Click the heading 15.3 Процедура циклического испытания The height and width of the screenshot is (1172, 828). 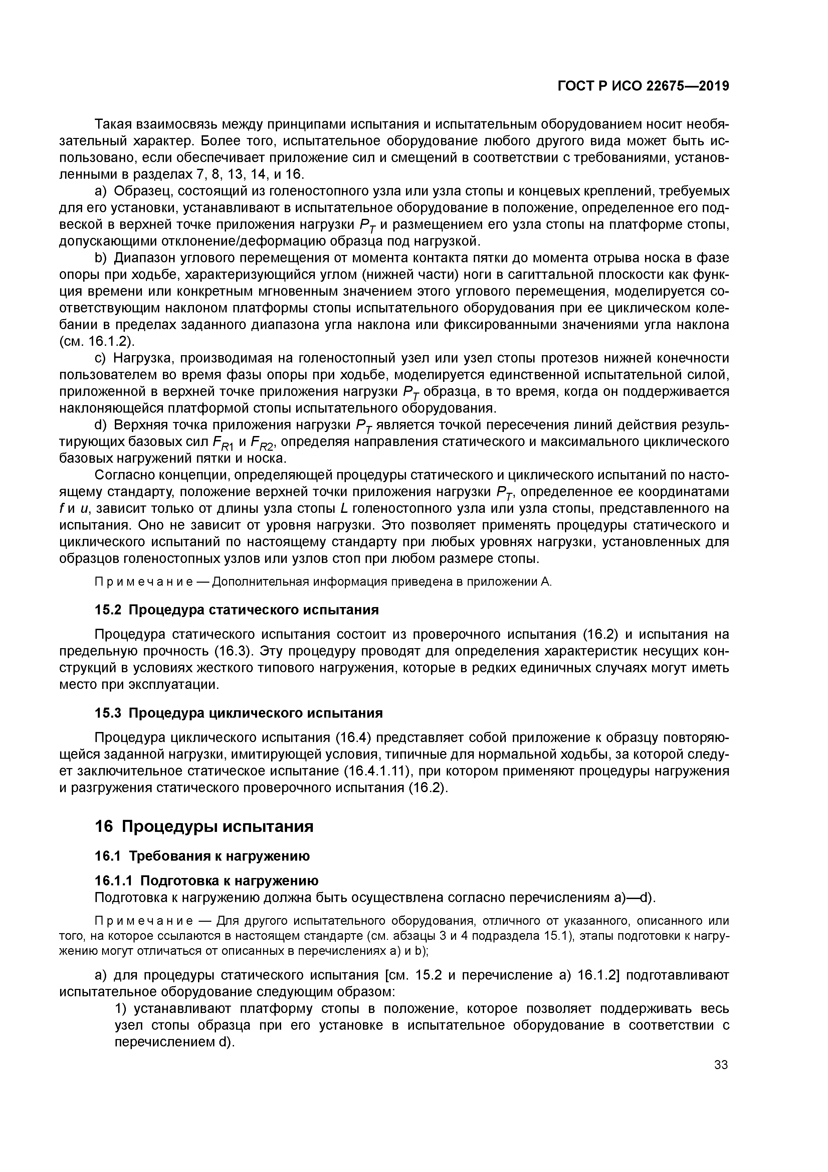(x=239, y=713)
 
